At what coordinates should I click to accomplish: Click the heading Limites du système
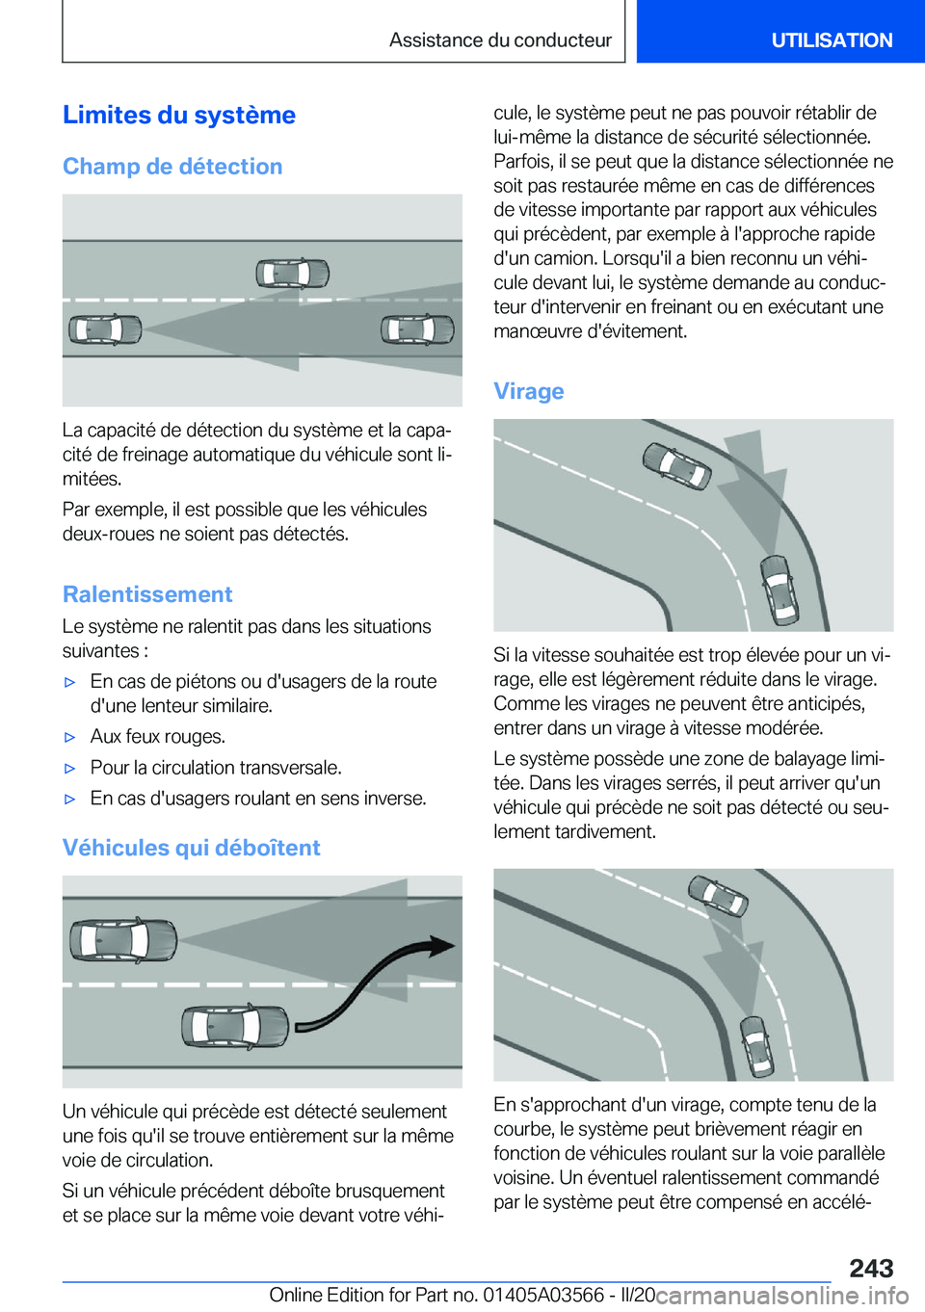click(179, 116)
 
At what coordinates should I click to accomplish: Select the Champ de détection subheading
click(172, 167)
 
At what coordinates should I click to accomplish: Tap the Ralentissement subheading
click(147, 594)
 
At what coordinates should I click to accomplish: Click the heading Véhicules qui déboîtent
click(191, 848)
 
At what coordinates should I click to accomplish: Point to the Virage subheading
click(528, 391)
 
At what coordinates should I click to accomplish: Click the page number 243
click(871, 1268)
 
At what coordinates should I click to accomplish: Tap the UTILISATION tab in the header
click(831, 40)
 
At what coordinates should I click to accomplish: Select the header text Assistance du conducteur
click(500, 40)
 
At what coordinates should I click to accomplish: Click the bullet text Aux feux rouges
click(158, 737)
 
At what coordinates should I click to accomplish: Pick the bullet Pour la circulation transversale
click(216, 768)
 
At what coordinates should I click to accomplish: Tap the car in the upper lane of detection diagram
click(292, 274)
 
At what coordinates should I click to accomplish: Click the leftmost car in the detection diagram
click(105, 329)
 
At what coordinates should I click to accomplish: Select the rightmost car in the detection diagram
click(417, 329)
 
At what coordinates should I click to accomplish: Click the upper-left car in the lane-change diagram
click(123, 939)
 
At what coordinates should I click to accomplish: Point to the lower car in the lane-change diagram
click(235, 1027)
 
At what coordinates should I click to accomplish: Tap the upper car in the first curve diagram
click(677, 466)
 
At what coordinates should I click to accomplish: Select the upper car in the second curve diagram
click(718, 894)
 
